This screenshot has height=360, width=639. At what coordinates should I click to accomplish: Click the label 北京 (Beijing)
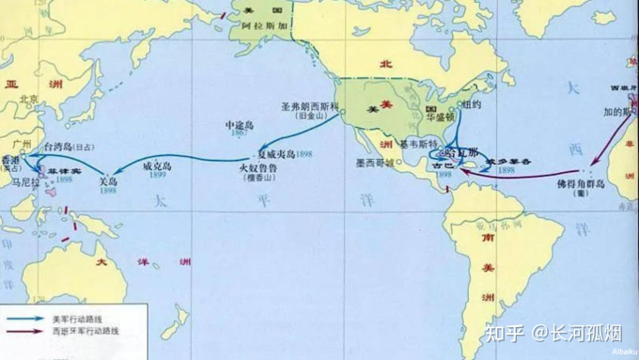point(29,98)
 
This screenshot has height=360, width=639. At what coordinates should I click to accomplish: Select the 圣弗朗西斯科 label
point(312,107)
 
